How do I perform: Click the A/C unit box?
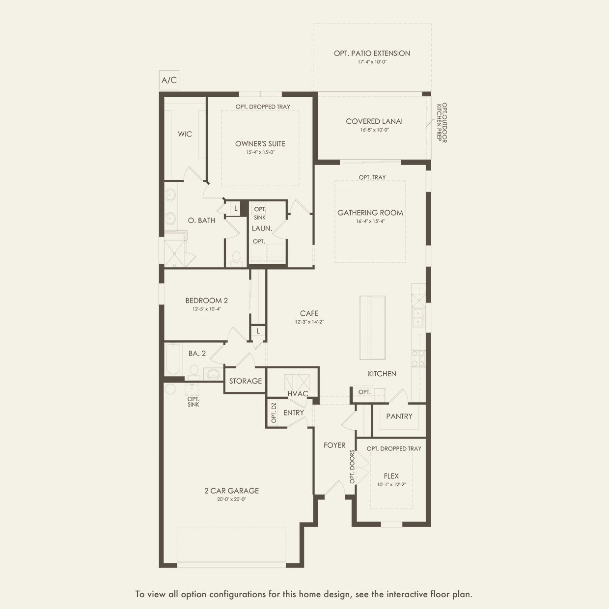tap(169, 80)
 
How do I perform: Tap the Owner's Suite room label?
tap(260, 144)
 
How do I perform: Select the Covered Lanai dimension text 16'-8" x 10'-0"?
tap(375, 130)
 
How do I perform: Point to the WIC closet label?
tap(185, 134)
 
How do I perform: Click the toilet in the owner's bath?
tap(236, 258)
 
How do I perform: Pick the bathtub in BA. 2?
tap(173, 359)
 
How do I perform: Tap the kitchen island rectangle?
tap(372, 328)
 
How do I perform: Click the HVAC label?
tap(298, 393)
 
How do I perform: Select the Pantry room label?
tap(399, 416)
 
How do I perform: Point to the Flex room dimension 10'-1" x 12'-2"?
tap(391, 484)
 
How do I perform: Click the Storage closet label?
tap(246, 381)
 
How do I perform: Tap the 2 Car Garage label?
tap(232, 491)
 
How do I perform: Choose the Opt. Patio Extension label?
tap(372, 54)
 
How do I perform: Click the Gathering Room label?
tap(370, 213)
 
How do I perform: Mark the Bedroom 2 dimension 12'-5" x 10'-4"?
tap(207, 309)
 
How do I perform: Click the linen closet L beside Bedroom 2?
tap(258, 331)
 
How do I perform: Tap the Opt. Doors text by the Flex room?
tap(352, 467)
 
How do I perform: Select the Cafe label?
tap(309, 313)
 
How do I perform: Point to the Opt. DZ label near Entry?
tap(274, 413)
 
